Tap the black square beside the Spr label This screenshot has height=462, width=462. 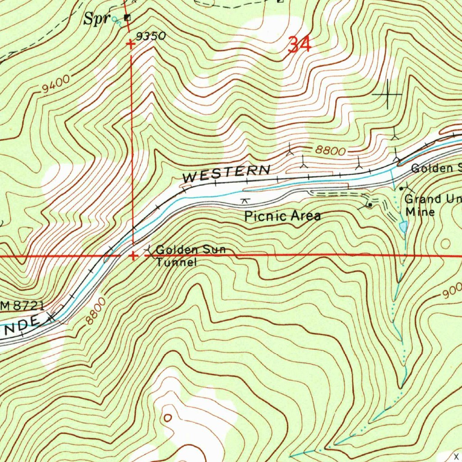127,18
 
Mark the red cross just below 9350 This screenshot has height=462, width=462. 131,44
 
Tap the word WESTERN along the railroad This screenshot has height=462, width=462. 226,174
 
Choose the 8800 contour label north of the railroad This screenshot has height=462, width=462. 330,151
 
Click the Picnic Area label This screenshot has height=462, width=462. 282,216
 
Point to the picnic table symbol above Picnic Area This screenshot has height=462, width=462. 245,200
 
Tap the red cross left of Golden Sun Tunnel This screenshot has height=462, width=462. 133,256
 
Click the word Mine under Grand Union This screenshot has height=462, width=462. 420,212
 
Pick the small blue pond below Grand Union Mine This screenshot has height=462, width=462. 403,227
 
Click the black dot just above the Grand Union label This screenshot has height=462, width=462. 401,189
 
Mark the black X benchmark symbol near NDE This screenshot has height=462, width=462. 51,317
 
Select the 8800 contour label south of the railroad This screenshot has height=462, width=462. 96,311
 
